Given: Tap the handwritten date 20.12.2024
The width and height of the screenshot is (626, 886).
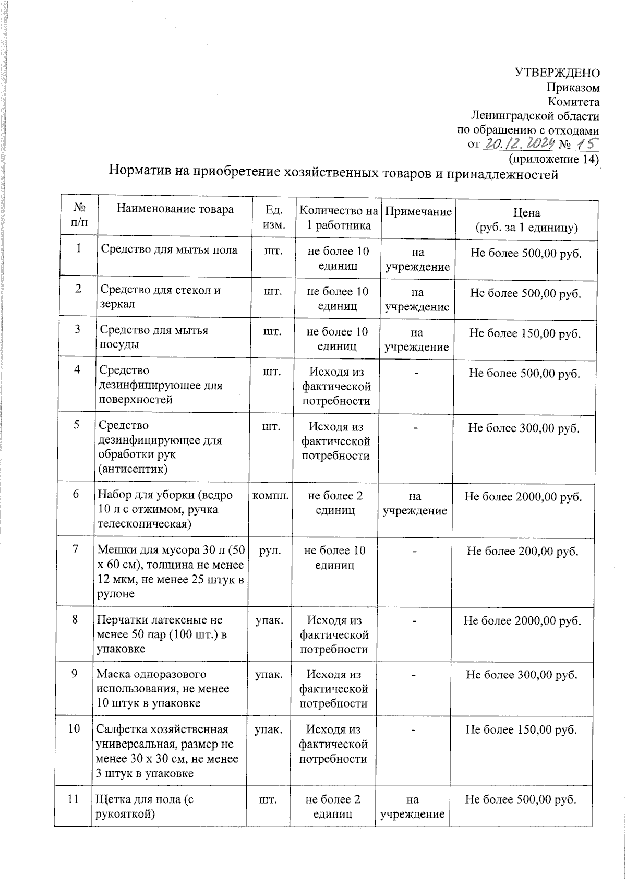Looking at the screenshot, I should pos(517,144).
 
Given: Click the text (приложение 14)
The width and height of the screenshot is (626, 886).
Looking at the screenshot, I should pos(553,159).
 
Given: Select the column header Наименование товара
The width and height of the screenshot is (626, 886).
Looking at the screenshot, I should pos(175,210).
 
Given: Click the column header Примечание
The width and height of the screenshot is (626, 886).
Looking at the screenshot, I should pos(418,211).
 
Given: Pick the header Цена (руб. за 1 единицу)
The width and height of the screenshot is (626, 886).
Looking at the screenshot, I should pos(526,220).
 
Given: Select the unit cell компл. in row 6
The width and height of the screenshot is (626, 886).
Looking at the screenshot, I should pos(271,496).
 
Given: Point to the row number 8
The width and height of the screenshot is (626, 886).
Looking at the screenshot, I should pos(75,619).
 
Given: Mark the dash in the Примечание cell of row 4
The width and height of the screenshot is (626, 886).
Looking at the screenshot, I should pos(416,373).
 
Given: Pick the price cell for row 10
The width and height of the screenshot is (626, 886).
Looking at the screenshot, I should pos(521,729).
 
